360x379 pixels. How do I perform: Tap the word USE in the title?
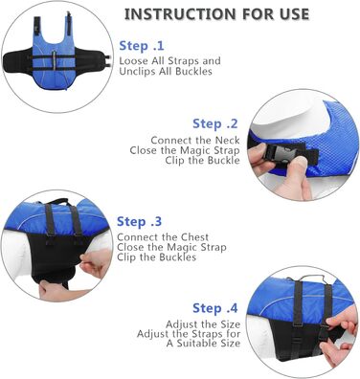point(294,14)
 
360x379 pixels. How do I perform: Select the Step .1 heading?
point(142,46)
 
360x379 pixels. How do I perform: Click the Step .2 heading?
point(215,123)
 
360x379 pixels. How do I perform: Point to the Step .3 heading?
point(139,221)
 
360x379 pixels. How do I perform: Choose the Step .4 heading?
point(215,308)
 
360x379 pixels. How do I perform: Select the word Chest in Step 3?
point(194,237)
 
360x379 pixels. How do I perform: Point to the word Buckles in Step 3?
point(178,257)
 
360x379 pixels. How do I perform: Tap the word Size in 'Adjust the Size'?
point(230,324)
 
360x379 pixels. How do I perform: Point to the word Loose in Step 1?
point(134,60)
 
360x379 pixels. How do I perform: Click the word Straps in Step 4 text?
point(208,334)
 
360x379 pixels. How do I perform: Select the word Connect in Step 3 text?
point(137,237)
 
